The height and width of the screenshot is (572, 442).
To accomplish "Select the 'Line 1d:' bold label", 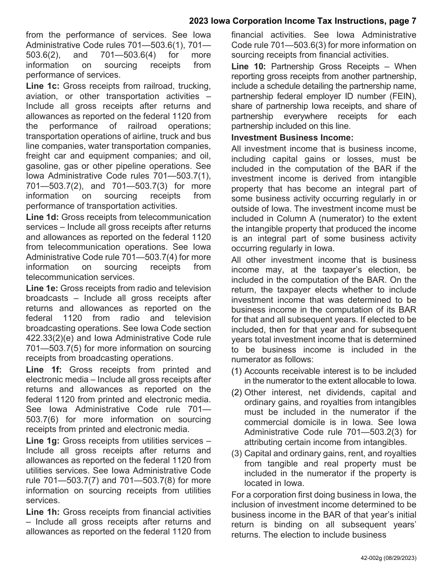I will tap(42, 217).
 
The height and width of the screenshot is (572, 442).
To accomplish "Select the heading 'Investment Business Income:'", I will tap(292, 138).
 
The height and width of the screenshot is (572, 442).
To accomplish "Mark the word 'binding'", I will tap(281, 525).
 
